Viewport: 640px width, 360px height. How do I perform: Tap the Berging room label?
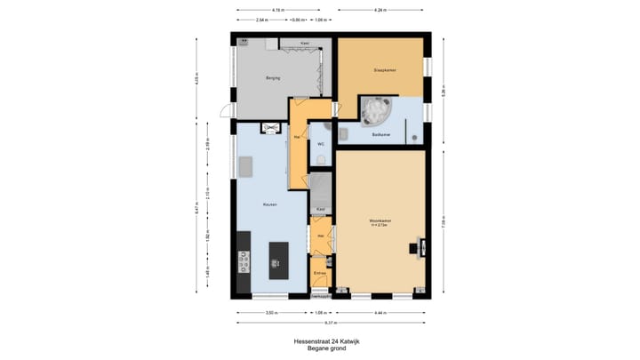(273, 78)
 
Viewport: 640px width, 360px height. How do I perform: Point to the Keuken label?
(269, 204)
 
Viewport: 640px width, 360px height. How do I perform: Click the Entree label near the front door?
(319, 273)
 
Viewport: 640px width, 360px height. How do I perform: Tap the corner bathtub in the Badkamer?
(376, 112)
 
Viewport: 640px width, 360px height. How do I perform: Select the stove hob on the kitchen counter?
(242, 261)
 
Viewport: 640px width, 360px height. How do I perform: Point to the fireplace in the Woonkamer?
(414, 249)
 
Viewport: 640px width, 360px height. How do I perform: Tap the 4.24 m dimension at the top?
(380, 10)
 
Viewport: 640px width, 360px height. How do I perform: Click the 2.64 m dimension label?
(261, 20)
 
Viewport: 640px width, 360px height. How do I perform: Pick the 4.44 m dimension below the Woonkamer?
(380, 313)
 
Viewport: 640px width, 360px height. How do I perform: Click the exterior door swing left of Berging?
(228, 111)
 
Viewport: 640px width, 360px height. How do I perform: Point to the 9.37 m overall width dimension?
(331, 323)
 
